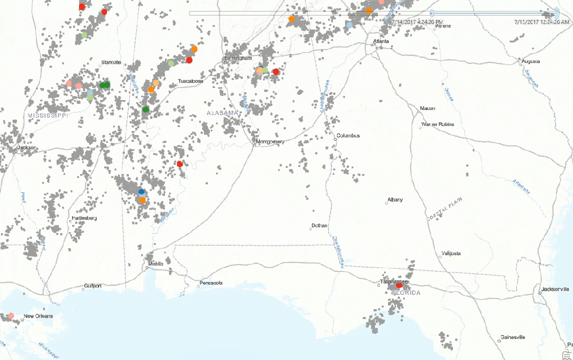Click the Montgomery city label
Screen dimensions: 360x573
[270, 141]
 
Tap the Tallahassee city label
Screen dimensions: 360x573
[392, 282]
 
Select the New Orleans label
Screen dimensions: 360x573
[38, 316]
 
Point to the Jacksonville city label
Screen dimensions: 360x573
[555, 289]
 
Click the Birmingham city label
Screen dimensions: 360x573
[238, 58]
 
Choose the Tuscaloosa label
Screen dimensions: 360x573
[190, 81]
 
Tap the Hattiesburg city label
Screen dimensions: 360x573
[84, 218]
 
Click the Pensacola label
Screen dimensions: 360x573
[211, 283]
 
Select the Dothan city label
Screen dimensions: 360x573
[319, 225]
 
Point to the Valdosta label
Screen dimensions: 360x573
[451, 253]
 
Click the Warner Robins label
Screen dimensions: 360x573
[438, 124]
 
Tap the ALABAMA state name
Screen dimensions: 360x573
[222, 113]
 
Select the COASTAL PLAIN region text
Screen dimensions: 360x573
[444, 209]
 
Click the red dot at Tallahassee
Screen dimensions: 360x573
[399, 285]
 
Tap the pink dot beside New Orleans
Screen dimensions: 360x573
[11, 315]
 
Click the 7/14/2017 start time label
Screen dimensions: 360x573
[417, 22]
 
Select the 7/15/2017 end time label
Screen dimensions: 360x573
[541, 22]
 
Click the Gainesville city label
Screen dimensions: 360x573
[513, 337]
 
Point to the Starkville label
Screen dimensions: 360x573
[111, 62]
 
